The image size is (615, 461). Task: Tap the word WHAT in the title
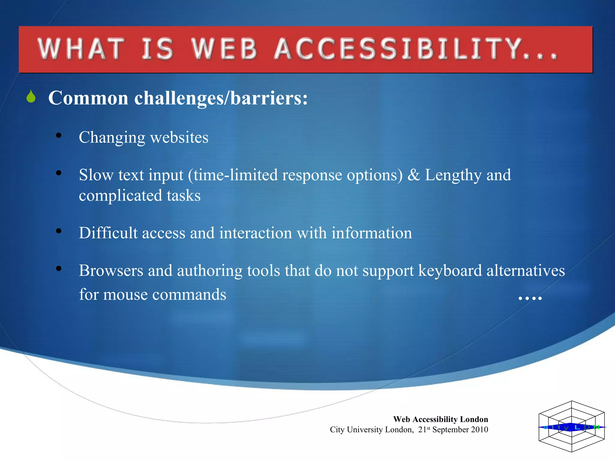(81, 49)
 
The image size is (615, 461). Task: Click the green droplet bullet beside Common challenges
(31, 97)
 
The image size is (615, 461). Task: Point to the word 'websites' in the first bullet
(179, 137)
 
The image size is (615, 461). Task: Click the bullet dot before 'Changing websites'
(59, 135)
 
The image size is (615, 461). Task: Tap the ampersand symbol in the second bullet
(414, 175)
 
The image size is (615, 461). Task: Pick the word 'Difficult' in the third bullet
(108, 233)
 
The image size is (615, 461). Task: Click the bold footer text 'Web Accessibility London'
(440, 419)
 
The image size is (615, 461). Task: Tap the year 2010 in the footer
(479, 429)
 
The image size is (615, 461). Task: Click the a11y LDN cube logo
(571, 426)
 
